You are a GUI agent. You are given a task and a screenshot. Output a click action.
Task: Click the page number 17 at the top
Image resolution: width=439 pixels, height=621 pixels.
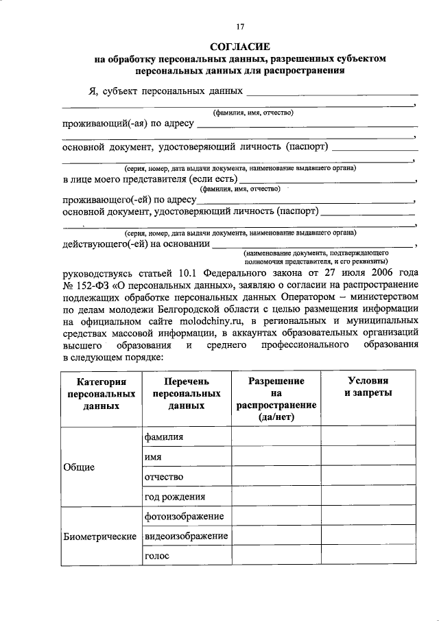click(x=240, y=27)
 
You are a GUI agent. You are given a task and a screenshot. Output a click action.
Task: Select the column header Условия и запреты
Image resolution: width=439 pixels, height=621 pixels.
click(x=368, y=386)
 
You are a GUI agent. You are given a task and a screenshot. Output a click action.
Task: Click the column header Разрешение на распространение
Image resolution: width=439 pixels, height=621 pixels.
click(x=276, y=399)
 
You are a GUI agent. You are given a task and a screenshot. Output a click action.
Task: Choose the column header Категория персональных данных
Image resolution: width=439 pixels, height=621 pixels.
click(x=101, y=393)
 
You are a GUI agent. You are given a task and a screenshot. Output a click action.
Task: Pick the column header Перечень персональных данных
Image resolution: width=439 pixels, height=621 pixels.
click(x=186, y=393)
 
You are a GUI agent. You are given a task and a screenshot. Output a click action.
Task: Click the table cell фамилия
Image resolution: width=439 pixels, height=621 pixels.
click(x=164, y=436)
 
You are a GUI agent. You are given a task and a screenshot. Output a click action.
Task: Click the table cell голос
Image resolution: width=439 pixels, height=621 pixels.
click(x=156, y=556)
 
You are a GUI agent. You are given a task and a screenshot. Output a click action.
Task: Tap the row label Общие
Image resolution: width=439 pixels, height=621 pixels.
click(x=79, y=467)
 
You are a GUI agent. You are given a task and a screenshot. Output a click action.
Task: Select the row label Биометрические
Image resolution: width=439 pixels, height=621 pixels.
click(x=100, y=536)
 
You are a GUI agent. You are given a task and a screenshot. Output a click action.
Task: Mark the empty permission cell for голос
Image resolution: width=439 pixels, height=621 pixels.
click(x=276, y=556)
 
